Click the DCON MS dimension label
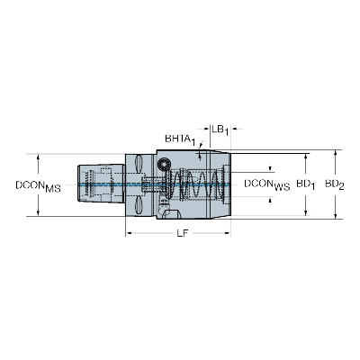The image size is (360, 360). tap(38, 186)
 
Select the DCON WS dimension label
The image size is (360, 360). tap(267, 184)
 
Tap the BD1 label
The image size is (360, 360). tap(306, 184)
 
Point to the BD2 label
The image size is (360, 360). tap(335, 184)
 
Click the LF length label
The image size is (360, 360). tap(182, 233)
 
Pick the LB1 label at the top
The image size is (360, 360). tap(220, 130)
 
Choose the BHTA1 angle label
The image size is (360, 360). tap(180, 139)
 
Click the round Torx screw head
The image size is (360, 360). tap(164, 166)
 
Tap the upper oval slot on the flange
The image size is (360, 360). tap(138, 164)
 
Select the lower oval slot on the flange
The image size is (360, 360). tap(138, 205)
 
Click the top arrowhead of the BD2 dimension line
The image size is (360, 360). tap(336, 152)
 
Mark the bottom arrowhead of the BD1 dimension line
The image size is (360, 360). tap(306, 212)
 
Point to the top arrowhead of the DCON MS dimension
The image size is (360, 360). tap(38, 157)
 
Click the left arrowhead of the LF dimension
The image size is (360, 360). tap(129, 233)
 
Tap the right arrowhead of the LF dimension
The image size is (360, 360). tap(228, 233)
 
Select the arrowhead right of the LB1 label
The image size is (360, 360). tap(235, 129)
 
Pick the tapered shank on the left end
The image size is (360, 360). tap(102, 184)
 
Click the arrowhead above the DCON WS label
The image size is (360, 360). tap(271, 168)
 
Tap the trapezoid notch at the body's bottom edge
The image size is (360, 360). tap(171, 214)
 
